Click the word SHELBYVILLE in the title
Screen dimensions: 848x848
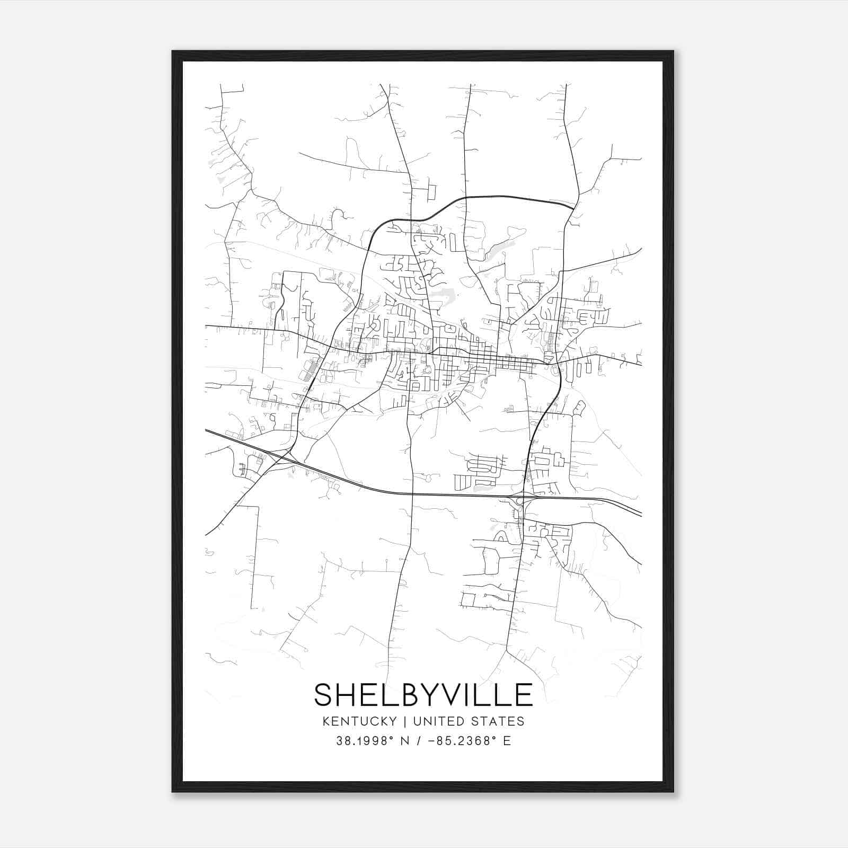pos(423,694)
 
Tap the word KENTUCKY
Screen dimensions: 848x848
pos(359,721)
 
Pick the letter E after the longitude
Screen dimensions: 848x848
pos(507,741)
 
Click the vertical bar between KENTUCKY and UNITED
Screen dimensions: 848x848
pos(404,721)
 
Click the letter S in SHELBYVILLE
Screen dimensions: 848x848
pos(324,694)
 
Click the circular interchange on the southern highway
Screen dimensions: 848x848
pos(520,500)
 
